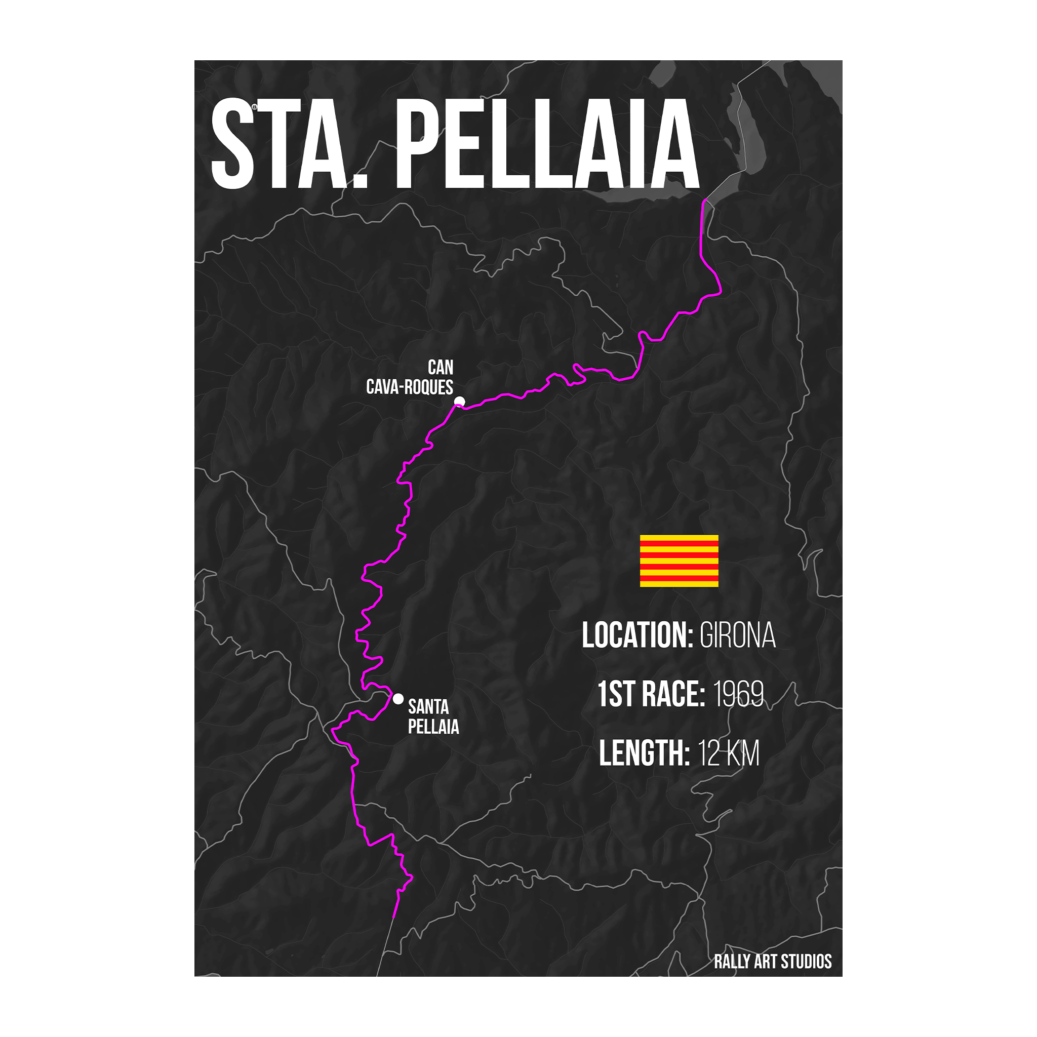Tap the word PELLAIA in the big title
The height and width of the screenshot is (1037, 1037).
[x=547, y=144]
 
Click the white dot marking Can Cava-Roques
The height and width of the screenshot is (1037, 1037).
[x=459, y=402]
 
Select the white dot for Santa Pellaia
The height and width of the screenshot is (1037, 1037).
[x=397, y=699]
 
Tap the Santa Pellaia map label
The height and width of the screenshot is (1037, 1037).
[x=432, y=716]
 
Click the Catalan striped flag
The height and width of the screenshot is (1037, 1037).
[x=679, y=561]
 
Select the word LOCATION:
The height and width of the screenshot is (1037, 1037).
[x=637, y=635]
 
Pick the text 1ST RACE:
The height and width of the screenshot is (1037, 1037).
[x=651, y=695]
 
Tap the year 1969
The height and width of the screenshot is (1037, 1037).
[x=739, y=695]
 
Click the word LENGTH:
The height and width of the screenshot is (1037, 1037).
[x=644, y=753]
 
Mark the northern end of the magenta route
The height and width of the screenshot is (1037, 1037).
[x=704, y=201]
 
